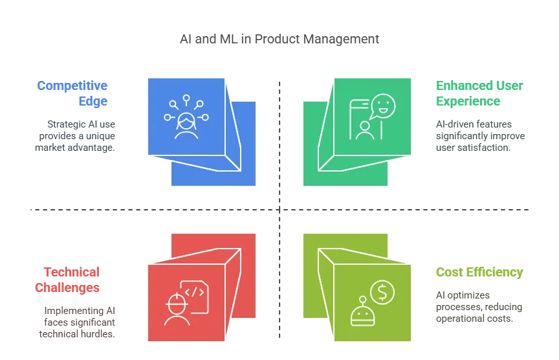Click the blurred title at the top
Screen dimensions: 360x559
(x=279, y=40)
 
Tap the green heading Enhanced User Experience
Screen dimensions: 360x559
(x=479, y=93)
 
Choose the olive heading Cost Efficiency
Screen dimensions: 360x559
(x=479, y=273)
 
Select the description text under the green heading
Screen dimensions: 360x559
(x=479, y=136)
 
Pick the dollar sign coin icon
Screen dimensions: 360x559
(x=382, y=293)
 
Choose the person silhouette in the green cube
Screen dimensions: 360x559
(x=364, y=129)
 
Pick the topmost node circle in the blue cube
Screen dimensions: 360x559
(x=186, y=98)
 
